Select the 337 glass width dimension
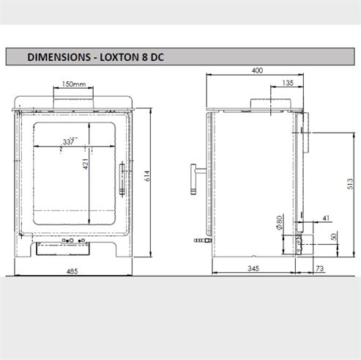pos(70,142)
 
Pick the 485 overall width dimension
pos(72,271)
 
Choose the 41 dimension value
pos(325,218)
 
